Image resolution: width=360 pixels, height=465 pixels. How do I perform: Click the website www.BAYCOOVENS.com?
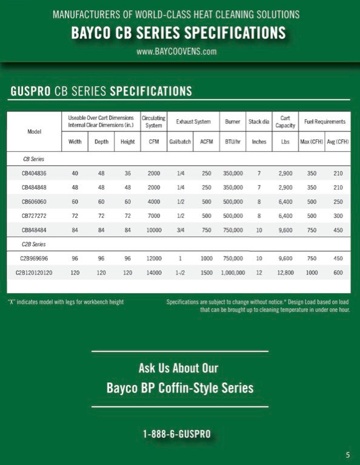(176, 51)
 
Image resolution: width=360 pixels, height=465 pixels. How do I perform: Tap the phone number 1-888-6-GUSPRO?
(177, 435)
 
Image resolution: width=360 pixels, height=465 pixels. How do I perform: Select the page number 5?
(348, 455)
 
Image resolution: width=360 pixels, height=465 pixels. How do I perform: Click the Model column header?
(34, 131)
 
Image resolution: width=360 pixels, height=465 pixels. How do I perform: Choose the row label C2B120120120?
(34, 273)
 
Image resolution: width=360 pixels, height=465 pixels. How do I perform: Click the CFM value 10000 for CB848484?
(154, 230)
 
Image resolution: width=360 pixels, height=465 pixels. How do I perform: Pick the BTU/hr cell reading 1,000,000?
(233, 273)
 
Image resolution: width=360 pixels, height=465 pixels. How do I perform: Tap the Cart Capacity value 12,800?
(285, 273)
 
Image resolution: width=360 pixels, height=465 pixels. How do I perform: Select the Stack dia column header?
(259, 122)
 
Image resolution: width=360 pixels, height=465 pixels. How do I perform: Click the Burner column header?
(233, 122)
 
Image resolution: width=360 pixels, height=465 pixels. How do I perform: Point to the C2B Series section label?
(34, 244)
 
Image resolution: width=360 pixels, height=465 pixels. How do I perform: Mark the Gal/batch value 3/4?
(181, 230)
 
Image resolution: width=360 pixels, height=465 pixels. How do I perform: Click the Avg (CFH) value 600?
(338, 273)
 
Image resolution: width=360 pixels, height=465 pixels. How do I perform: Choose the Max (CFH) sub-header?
(312, 142)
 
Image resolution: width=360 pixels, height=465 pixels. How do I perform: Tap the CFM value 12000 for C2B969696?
(154, 259)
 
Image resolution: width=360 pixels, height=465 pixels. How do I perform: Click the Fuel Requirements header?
(325, 122)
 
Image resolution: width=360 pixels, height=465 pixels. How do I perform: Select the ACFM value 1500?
(207, 273)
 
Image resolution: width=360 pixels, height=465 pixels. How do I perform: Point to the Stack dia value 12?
(259, 273)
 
